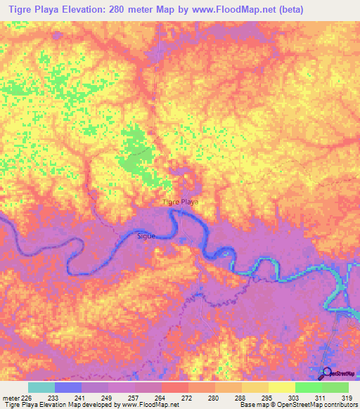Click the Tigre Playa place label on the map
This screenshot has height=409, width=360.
click(x=181, y=202)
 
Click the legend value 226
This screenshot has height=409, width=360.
click(x=27, y=398)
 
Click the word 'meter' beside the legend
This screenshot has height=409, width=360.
click(x=10, y=398)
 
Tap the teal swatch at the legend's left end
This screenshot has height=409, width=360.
click(x=41, y=387)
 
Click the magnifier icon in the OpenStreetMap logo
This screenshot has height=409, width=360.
click(x=326, y=372)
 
